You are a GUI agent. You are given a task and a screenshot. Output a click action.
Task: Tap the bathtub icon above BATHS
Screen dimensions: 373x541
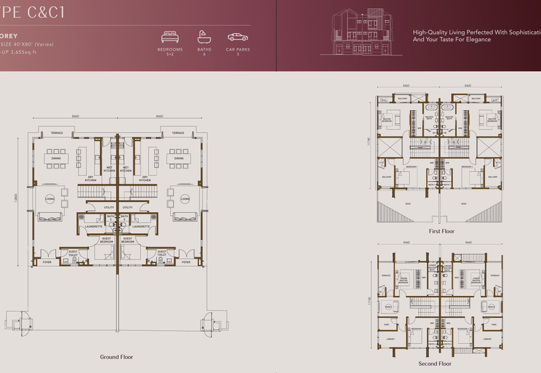pos(204,36)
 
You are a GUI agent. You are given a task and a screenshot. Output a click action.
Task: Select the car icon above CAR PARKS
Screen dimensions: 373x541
pos(237,36)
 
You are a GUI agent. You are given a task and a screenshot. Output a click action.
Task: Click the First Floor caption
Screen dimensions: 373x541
pos(442,231)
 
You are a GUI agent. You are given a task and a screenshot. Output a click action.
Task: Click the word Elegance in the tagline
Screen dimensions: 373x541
pos(475,40)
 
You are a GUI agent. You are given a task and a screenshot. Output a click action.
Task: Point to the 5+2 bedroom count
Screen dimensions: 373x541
pos(170,54)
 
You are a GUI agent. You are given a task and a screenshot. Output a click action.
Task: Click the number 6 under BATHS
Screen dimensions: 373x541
pos(204,54)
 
